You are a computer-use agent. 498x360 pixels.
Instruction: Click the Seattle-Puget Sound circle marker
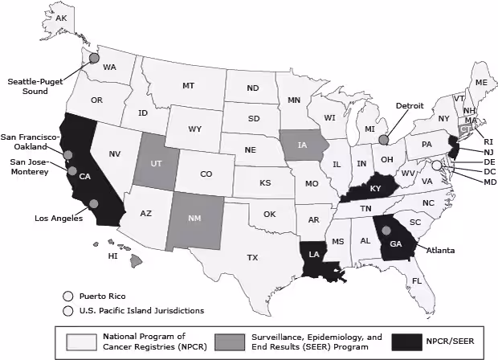tap(94, 58)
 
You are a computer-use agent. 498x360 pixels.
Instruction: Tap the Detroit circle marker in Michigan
tap(384, 139)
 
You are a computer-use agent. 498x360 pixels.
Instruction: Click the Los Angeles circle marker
tap(95, 204)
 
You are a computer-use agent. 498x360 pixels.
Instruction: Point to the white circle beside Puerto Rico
tap(68, 295)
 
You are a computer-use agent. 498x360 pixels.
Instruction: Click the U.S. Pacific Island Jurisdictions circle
tap(68, 310)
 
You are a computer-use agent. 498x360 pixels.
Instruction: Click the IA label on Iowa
tap(302, 145)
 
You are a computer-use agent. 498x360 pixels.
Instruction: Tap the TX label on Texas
tap(252, 257)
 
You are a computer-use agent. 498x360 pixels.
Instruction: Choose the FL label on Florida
tap(416, 280)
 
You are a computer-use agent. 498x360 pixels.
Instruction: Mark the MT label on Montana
tap(189, 85)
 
